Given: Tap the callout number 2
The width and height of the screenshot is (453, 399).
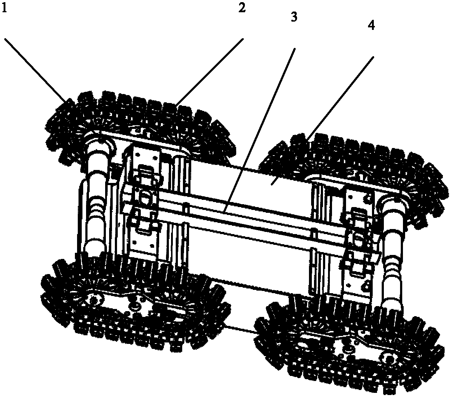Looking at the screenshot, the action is point(242,8).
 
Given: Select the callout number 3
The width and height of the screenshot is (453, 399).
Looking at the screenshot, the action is point(294,17).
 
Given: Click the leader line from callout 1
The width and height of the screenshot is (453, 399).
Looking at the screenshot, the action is point(35,70).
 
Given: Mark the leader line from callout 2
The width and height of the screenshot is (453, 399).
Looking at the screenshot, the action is point(210,72).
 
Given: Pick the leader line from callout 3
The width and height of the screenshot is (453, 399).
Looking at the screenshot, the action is point(259,129).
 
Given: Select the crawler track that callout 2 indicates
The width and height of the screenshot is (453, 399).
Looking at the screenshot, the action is point(141,125).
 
